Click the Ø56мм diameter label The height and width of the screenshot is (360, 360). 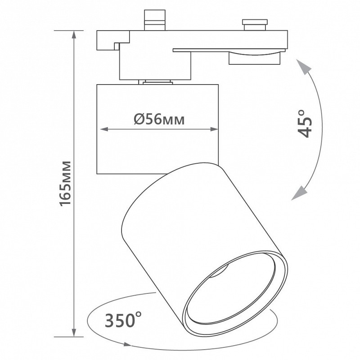click(159, 119)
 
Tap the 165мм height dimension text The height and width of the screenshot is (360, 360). click(65, 184)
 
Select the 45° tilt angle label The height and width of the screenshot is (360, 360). click(305, 124)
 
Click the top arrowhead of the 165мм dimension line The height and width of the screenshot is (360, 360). click(74, 35)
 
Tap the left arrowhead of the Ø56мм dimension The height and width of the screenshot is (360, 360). click(104, 129)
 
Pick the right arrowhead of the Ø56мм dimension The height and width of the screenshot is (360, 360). click(214, 129)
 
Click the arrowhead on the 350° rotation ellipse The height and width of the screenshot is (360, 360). click(127, 344)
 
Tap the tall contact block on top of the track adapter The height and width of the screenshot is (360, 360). click(155, 20)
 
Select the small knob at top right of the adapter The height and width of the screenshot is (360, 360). click(255, 25)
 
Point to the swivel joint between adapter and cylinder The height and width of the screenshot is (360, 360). click(155, 82)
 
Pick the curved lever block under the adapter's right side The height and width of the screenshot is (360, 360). click(254, 58)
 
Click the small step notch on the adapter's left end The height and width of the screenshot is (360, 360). click(117, 46)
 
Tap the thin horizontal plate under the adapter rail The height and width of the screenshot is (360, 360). click(229, 50)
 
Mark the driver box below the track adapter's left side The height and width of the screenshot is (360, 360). click(155, 65)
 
